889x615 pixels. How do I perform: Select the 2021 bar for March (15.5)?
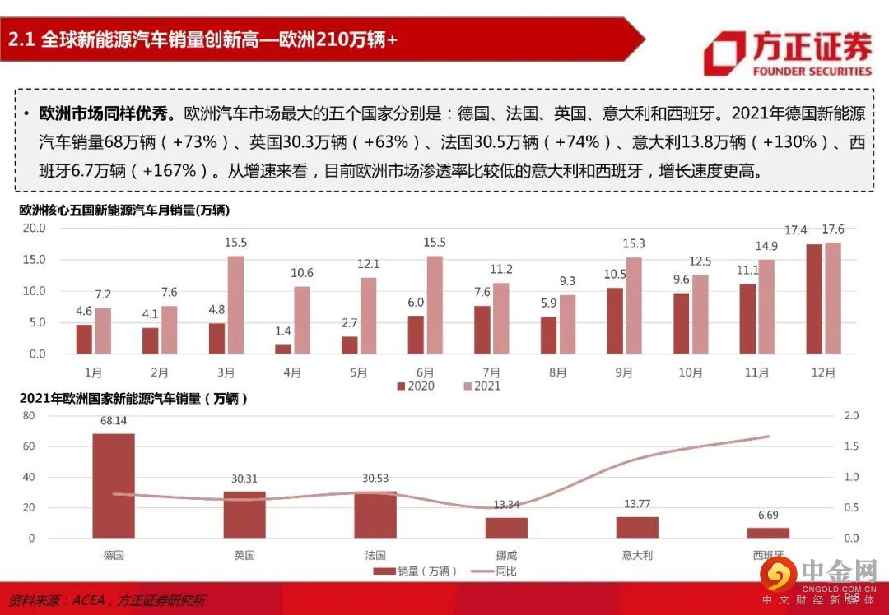(x=235, y=305)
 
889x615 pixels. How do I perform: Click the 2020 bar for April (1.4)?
(x=283, y=349)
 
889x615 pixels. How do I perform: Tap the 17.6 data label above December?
(x=833, y=230)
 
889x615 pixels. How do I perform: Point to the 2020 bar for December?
(x=813, y=299)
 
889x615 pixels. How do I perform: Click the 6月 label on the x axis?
(x=426, y=372)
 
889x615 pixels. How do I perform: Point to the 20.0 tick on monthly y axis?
(x=34, y=228)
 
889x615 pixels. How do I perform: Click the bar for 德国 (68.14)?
(x=114, y=486)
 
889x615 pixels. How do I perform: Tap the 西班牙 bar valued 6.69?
(x=768, y=533)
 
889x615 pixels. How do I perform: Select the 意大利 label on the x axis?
(x=637, y=555)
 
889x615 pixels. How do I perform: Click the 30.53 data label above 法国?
(x=375, y=479)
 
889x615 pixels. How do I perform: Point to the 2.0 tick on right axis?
(x=851, y=416)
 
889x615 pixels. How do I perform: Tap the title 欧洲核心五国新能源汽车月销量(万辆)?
(x=124, y=210)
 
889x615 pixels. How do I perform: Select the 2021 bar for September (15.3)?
(x=634, y=306)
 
